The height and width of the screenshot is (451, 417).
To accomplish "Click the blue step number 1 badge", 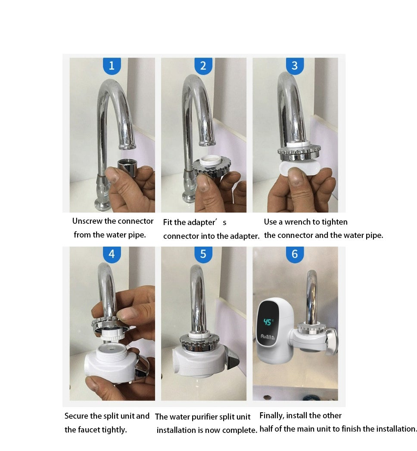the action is point(112,66).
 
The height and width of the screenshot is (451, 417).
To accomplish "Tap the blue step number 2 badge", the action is point(203,66).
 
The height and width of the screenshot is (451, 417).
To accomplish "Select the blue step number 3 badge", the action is point(295,66).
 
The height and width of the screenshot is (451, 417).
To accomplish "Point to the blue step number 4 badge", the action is point(112,255).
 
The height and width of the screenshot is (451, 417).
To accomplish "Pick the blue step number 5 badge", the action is point(203,255).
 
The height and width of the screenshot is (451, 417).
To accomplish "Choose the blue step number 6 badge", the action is point(295,255).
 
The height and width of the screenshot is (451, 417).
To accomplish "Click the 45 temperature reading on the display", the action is point(268,322).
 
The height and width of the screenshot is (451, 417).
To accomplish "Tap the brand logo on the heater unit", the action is point(268,337).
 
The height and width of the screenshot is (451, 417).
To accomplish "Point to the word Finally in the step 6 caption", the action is point(272,416).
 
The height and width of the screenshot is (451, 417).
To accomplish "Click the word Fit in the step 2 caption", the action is point(168,222).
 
